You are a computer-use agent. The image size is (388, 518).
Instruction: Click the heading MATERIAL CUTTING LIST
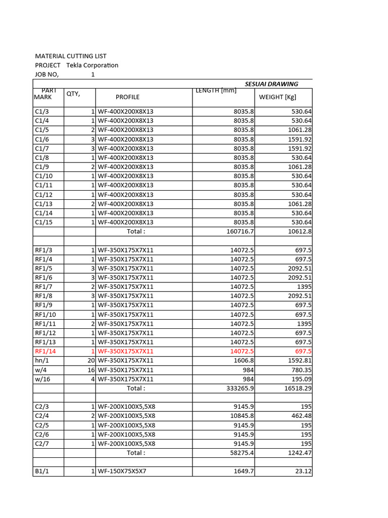tap(71, 56)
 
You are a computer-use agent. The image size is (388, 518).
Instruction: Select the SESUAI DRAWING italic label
tap(271, 84)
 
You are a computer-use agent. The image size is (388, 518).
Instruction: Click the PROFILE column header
tap(127, 97)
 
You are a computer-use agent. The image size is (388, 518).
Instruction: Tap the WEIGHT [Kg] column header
tap(277, 97)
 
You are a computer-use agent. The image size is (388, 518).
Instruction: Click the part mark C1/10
tap(43, 176)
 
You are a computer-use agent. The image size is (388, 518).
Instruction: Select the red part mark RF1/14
tap(45, 351)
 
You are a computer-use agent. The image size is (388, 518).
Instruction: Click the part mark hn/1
tap(41, 360)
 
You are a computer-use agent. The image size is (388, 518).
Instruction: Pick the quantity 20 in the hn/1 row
tap(91, 360)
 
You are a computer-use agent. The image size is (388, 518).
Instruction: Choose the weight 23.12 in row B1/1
tap(303, 471)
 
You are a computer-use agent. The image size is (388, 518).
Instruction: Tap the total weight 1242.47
tap(298, 453)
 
